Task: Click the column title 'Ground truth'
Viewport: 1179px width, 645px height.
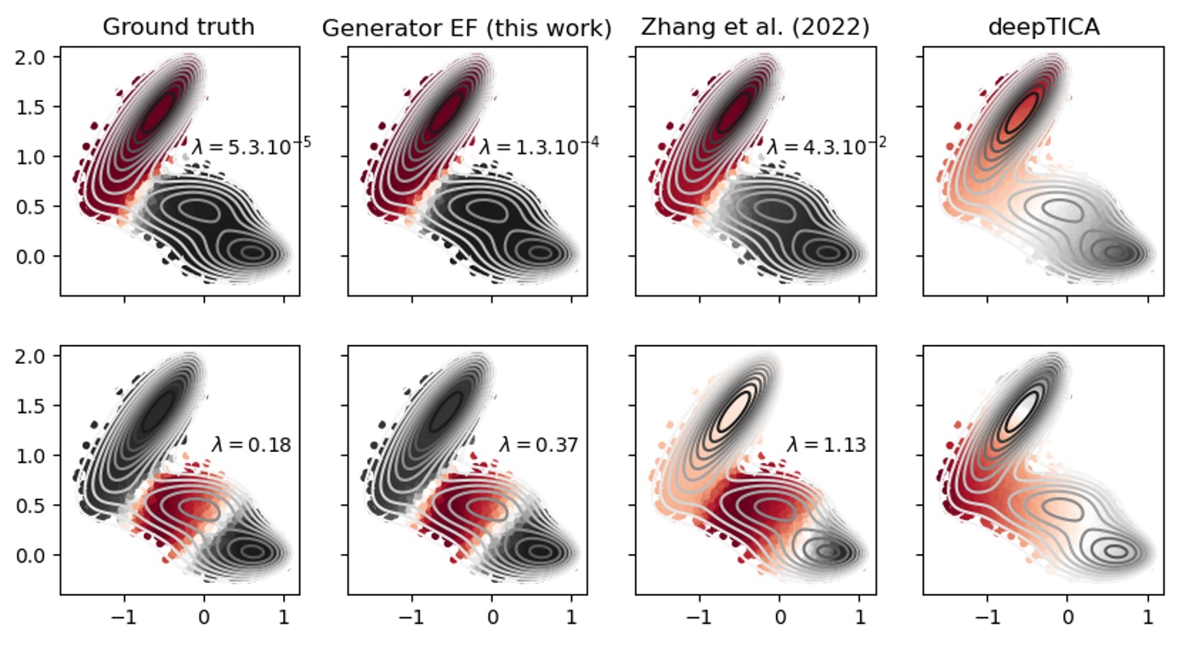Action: pos(178,26)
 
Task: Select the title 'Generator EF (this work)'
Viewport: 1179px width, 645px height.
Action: pos(467,28)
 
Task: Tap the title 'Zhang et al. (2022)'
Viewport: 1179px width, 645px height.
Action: pos(755,27)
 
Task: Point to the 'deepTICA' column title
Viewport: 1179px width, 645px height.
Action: pos(1043,26)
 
